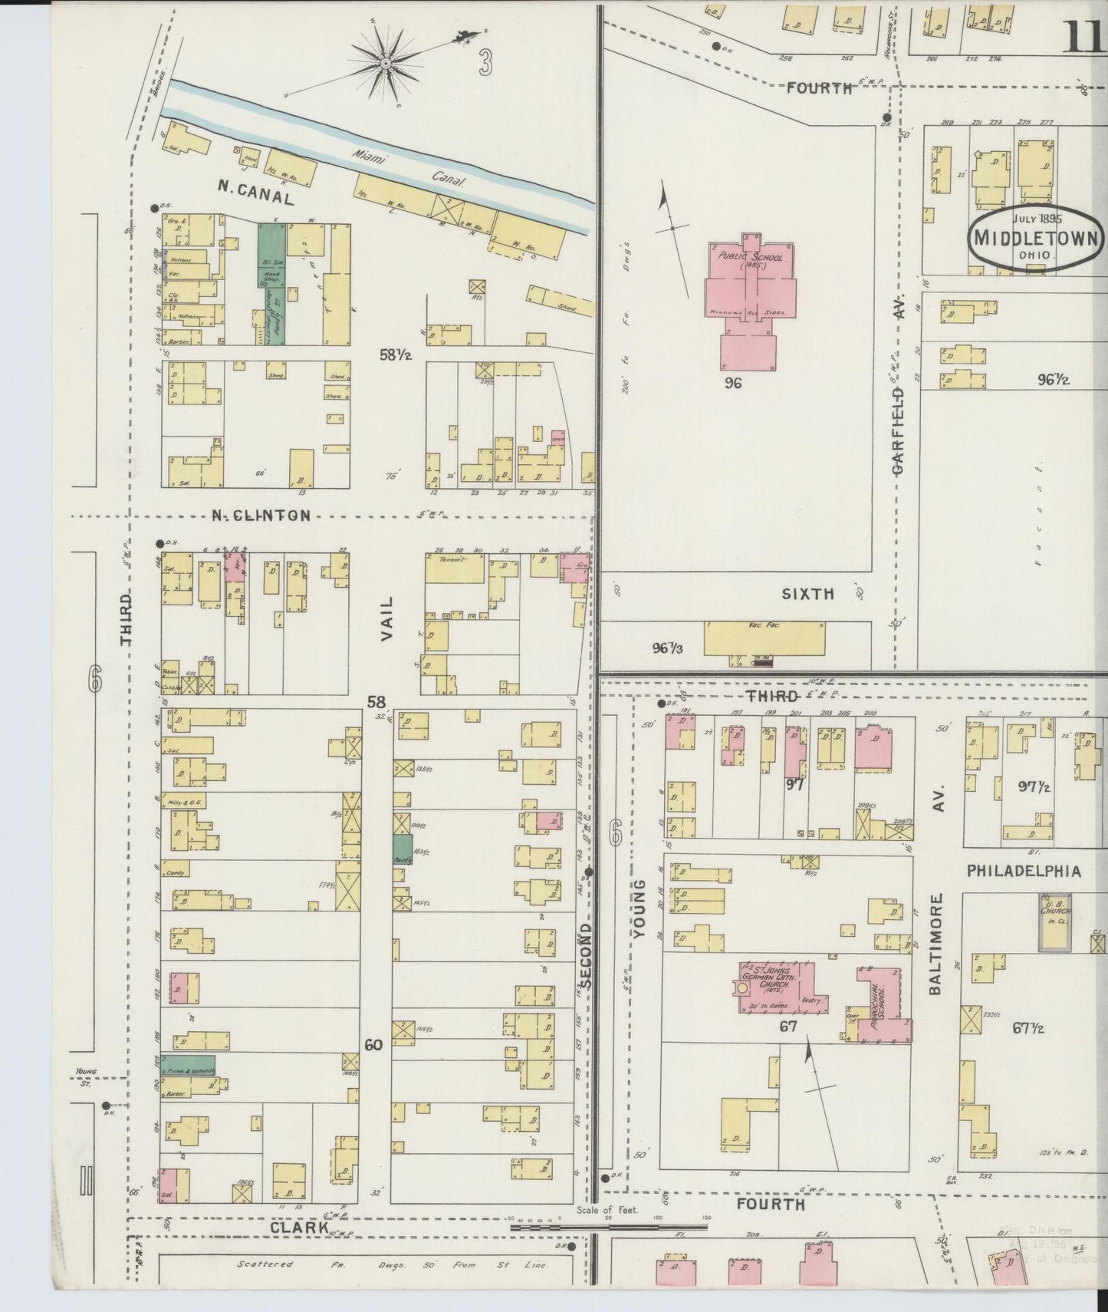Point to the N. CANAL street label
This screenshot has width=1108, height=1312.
pos(255,197)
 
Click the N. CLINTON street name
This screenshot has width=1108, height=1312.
pos(261,516)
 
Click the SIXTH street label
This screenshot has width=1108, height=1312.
pos(807,593)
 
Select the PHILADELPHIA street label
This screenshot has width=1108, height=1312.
pos(1024,871)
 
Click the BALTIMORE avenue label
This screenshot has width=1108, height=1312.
pos(936,944)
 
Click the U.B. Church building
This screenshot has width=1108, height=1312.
pos(1055,921)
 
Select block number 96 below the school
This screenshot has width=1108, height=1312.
pos(733,382)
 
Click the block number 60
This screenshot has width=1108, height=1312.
pos(373,1045)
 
